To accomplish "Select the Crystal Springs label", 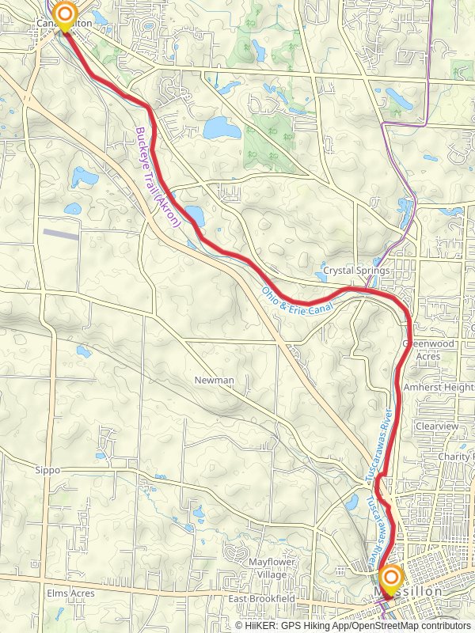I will click(x=356, y=271).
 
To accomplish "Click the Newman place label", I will click(x=215, y=381).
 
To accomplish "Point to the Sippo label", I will click(x=47, y=470).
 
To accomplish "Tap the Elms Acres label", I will click(x=70, y=593).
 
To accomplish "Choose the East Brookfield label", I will click(x=262, y=599).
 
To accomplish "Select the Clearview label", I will click(x=437, y=426).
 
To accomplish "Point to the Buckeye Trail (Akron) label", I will click(x=158, y=179).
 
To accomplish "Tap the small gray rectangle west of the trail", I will click(x=61, y=234).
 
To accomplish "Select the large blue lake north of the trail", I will click(x=217, y=127).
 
